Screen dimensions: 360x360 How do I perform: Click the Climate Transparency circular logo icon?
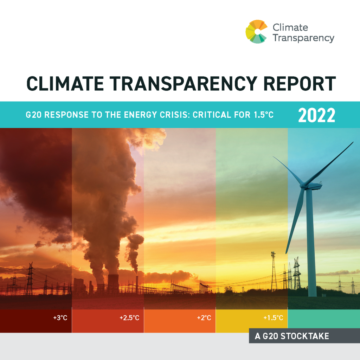point(257,32)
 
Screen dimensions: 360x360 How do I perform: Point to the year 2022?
point(316,115)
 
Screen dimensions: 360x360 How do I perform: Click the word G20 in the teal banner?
point(33,115)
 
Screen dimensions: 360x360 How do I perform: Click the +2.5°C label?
point(129,318)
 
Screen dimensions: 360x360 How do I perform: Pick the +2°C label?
point(204,318)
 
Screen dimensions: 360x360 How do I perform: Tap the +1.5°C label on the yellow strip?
point(273,318)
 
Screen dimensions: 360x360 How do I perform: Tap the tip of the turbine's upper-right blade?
point(353,142)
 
